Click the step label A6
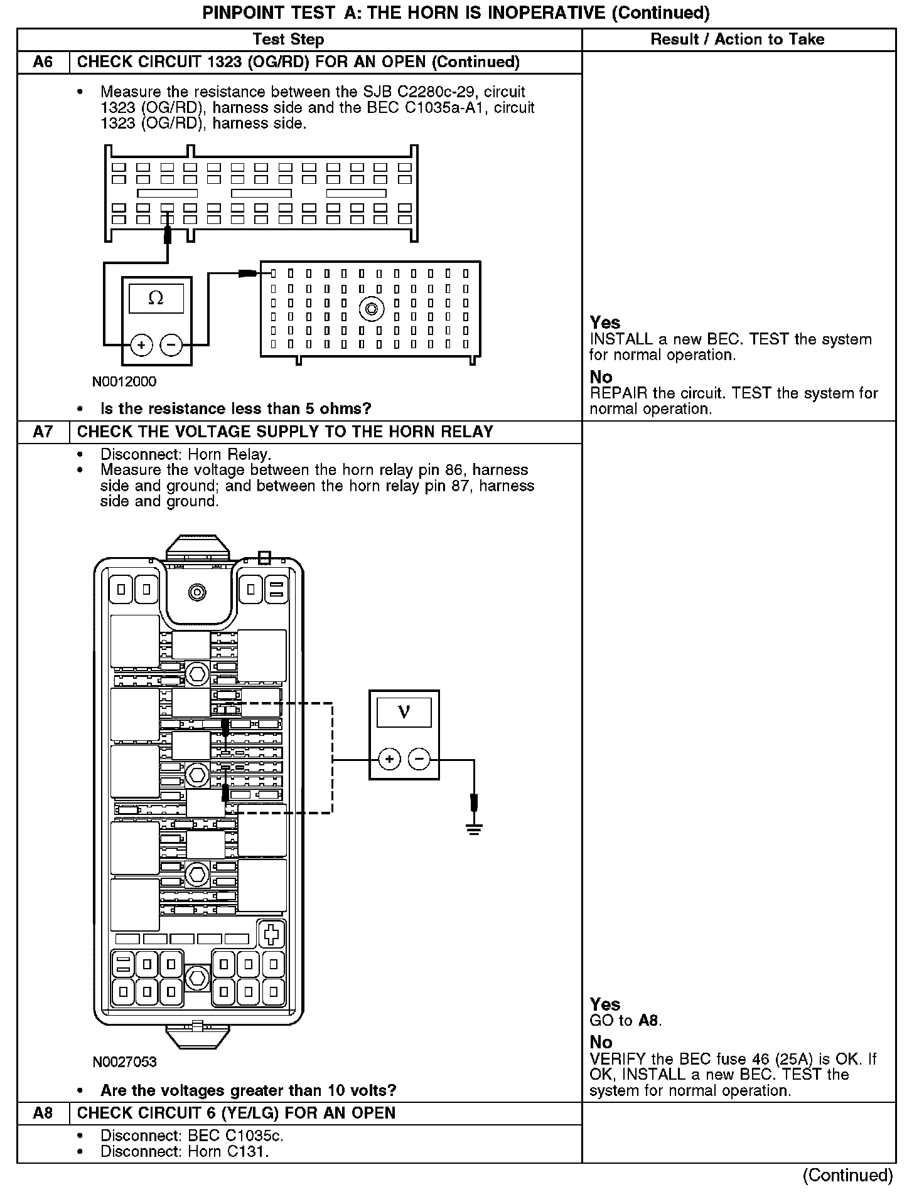click(43, 62)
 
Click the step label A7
click(43, 432)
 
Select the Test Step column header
click(288, 40)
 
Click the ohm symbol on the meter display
click(156, 298)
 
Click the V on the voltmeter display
click(404, 712)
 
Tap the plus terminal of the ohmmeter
click(142, 344)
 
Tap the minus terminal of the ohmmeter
click(171, 344)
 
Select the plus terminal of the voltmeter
click(389, 760)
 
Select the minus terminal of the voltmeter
click(419, 760)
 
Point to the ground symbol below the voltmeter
click(474, 829)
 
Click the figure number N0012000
click(124, 381)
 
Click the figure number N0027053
click(124, 1062)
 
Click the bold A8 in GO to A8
click(649, 1021)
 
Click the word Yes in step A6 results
click(604, 322)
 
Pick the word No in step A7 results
click(601, 1042)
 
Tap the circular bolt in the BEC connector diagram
click(371, 309)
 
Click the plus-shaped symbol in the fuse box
click(272, 934)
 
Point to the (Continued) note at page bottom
click(847, 1175)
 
